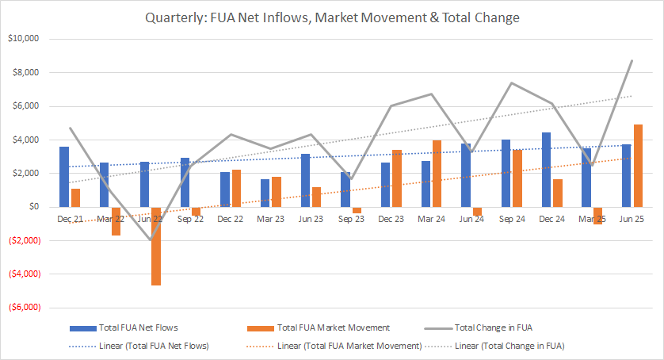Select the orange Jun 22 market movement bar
pyautogui.click(x=156, y=246)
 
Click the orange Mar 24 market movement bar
pyautogui.click(x=437, y=174)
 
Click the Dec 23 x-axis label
pyautogui.click(x=391, y=217)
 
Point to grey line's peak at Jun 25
pyautogui.click(x=632, y=60)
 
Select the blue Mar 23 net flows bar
pyautogui.click(x=265, y=193)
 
